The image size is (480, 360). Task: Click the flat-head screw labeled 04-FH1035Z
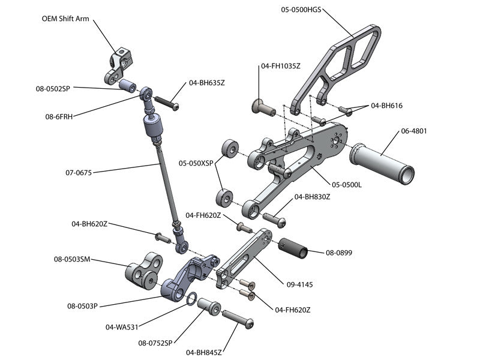262,108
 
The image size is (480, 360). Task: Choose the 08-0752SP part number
155,343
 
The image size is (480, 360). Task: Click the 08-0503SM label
71,259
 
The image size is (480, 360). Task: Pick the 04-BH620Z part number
89,224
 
